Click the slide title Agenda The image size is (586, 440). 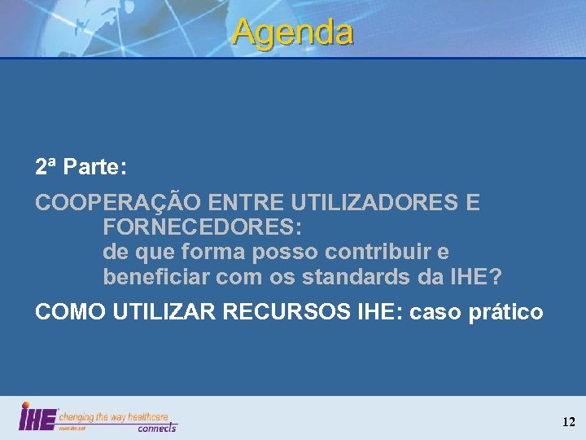click(292, 33)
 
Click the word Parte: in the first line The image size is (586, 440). click(94, 168)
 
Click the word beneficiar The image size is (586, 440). click(155, 277)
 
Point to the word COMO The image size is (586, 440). click(65, 311)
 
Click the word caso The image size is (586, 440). click(435, 311)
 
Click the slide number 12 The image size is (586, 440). click(568, 422)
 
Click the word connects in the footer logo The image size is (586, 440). click(156, 427)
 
